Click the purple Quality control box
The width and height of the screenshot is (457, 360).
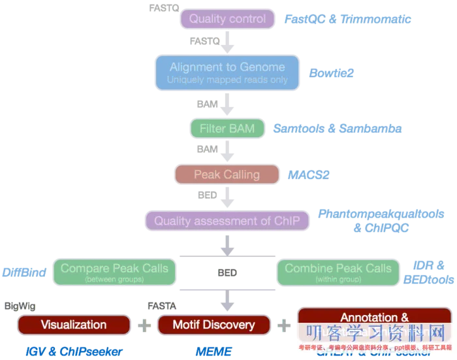(227, 19)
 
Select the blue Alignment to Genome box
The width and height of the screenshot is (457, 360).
(227, 72)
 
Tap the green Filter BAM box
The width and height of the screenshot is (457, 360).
(227, 128)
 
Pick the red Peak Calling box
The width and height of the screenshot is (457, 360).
(227, 174)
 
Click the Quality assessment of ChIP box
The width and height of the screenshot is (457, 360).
(227, 220)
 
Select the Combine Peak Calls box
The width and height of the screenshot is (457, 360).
(338, 272)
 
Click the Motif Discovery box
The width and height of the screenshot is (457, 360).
(213, 325)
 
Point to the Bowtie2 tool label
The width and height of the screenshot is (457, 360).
(331, 73)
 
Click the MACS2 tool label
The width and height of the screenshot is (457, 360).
(309, 175)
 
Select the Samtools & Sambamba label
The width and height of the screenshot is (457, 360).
(336, 129)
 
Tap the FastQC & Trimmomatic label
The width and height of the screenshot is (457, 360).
(347, 20)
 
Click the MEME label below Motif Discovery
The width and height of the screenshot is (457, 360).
(213, 352)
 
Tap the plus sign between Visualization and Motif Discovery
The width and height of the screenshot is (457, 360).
(142, 325)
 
